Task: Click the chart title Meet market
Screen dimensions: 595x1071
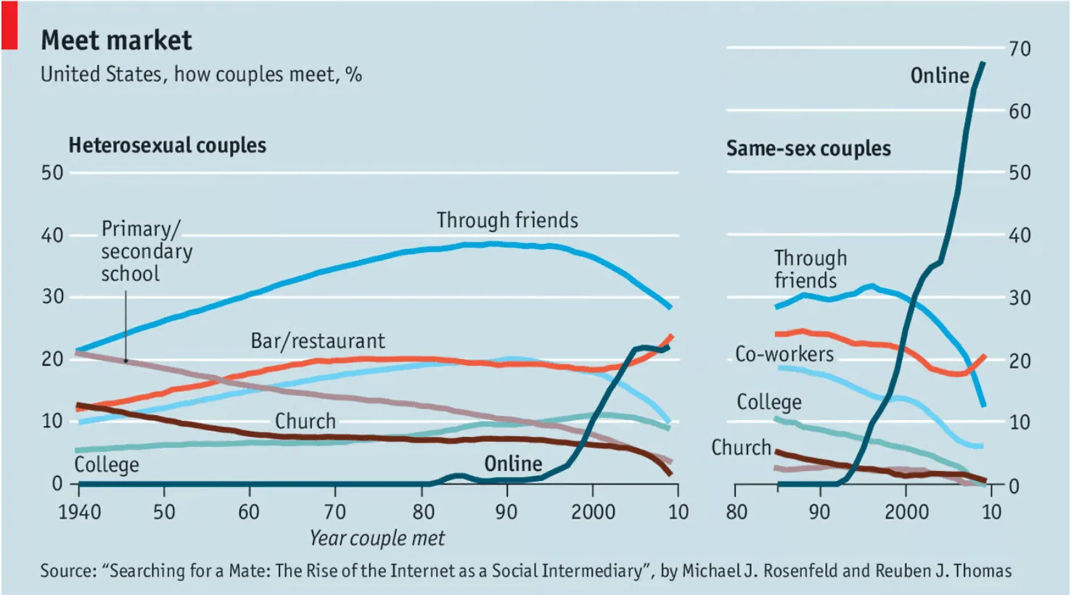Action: pos(116,41)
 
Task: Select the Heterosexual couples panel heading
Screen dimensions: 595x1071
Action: pos(167,146)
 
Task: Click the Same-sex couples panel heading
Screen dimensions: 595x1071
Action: pos(808,149)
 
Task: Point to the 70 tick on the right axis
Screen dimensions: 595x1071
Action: pos(1019,49)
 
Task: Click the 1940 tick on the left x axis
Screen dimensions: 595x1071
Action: pos(79,512)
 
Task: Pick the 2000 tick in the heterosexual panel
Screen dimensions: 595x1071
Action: pos(593,512)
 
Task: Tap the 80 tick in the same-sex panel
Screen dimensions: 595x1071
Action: pos(736,512)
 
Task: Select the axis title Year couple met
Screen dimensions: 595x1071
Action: pos(377,538)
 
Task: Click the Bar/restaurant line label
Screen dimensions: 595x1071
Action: pos(318,341)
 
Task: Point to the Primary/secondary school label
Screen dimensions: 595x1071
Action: pos(146,251)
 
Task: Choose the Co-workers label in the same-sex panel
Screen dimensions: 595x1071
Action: pos(784,354)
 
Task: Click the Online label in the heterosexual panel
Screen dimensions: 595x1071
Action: pos(513,464)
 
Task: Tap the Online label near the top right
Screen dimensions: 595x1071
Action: pos(940,75)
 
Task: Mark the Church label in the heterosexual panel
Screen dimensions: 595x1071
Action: pos(305,422)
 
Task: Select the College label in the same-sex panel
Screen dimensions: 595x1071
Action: pos(769,402)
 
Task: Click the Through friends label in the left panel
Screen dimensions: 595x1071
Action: pos(507,221)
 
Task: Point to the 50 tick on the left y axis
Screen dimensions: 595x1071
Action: pos(52,173)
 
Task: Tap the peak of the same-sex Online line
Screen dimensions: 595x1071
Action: pos(983,63)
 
